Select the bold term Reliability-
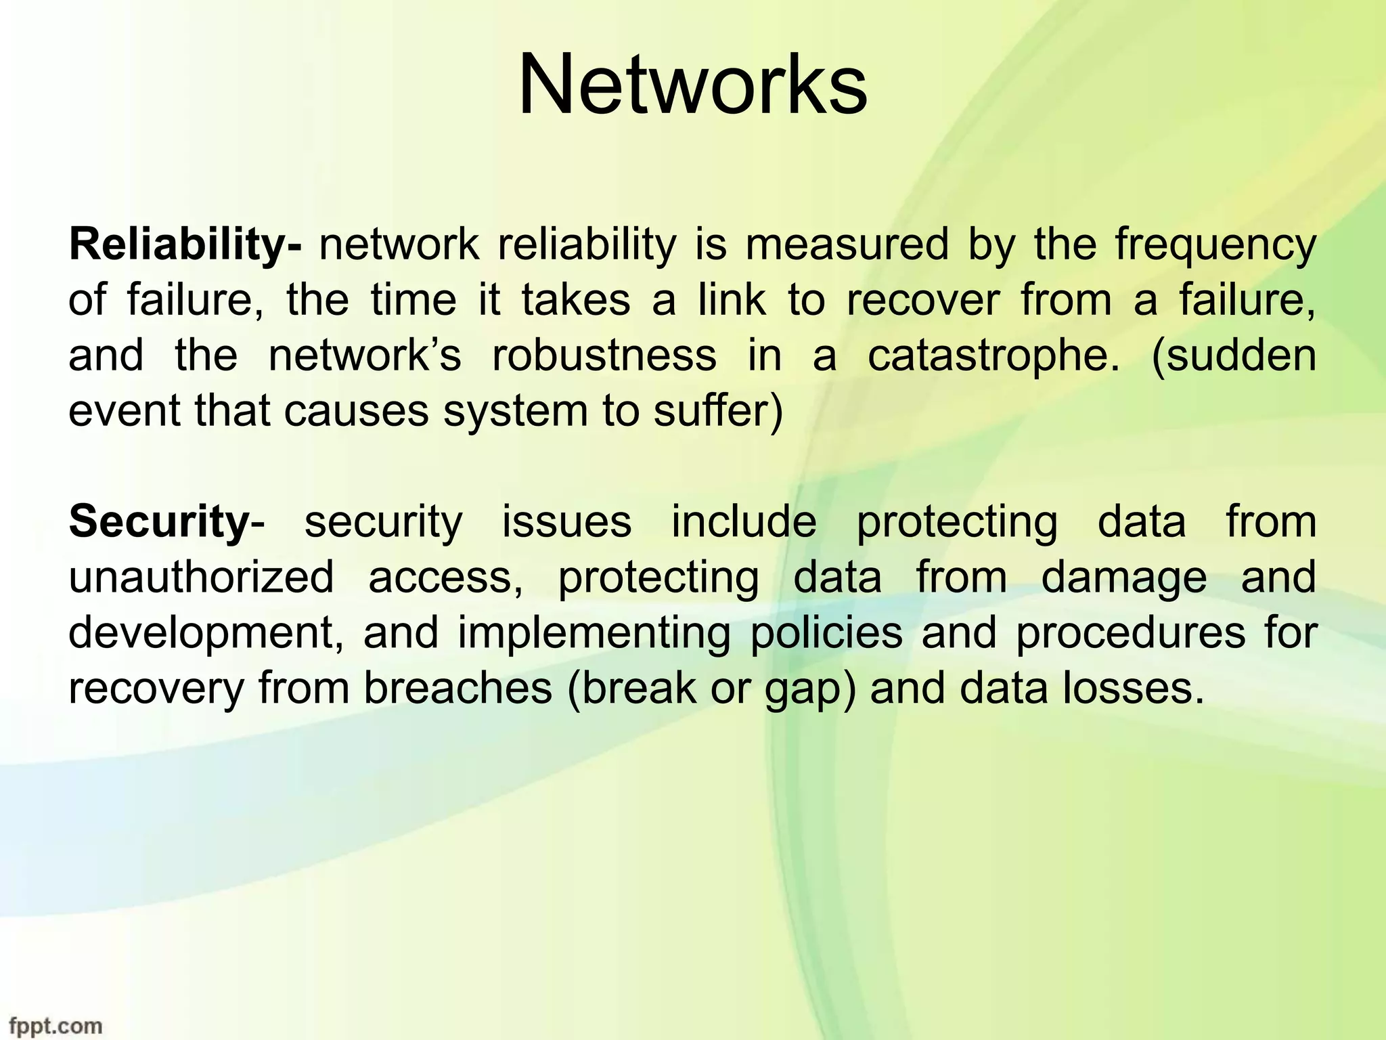[x=185, y=244]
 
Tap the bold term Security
[x=160, y=522]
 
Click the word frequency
[x=1215, y=246]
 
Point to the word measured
[x=847, y=244]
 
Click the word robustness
[x=604, y=355]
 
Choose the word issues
[x=566, y=522]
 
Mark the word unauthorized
[x=202, y=578]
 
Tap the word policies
[x=826, y=633]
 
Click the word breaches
[x=458, y=689]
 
